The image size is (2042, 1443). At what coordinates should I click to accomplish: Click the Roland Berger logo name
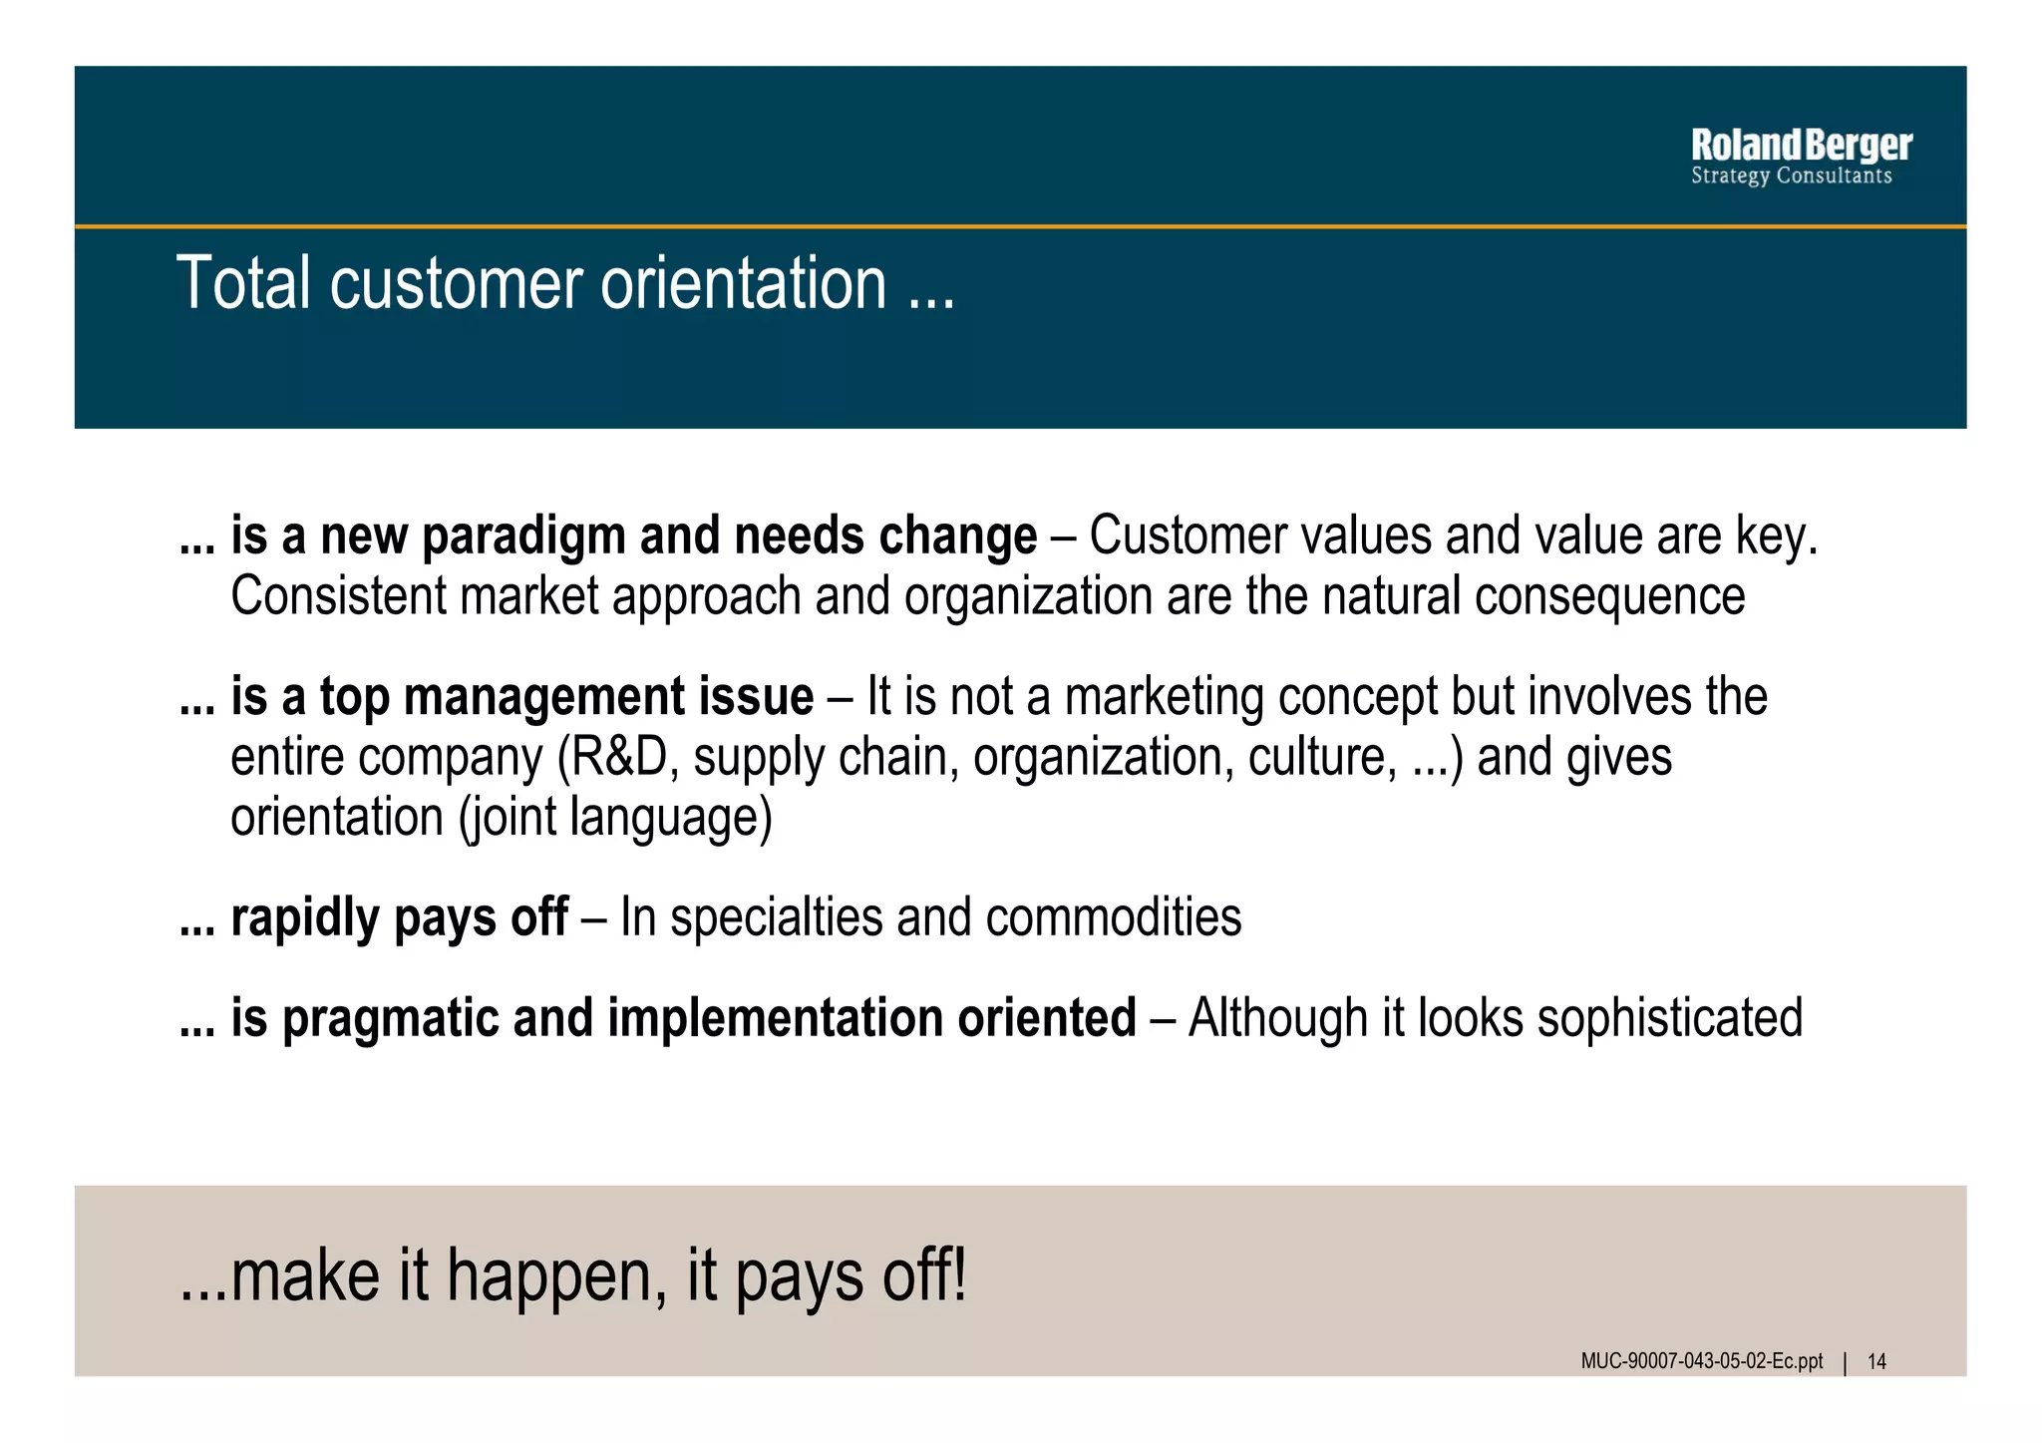click(x=1801, y=146)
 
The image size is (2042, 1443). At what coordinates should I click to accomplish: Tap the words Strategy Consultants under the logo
click(x=1791, y=177)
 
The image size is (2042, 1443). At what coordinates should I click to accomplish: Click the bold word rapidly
click(x=305, y=917)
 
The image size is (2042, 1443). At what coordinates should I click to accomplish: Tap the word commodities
click(x=1114, y=917)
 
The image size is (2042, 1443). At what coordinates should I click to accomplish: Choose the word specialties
click(x=776, y=917)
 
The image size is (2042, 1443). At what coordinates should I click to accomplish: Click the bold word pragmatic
click(x=391, y=1018)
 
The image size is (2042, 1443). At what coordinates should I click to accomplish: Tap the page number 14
click(x=1876, y=1362)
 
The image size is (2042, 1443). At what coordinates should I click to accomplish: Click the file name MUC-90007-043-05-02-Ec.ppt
click(x=1701, y=1362)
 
